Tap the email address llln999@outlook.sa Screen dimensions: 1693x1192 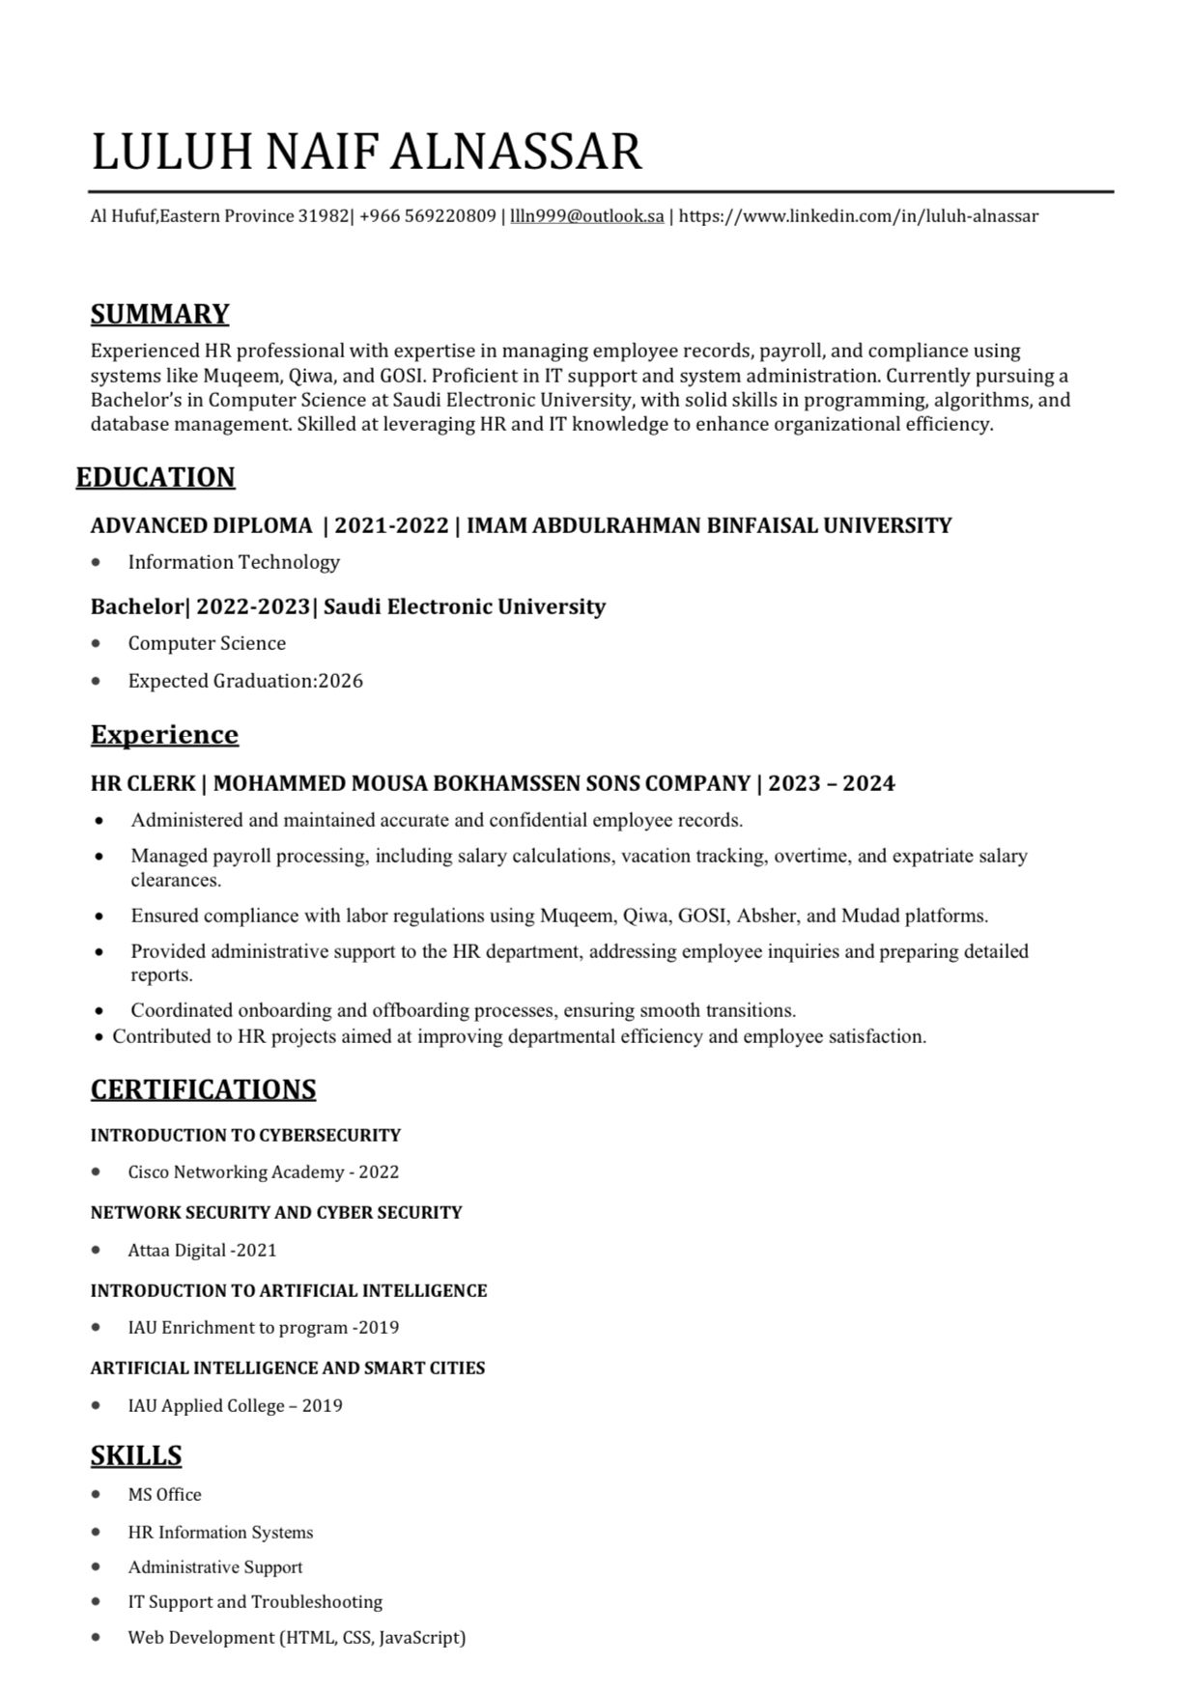(x=586, y=216)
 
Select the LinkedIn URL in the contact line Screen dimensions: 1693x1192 (x=858, y=216)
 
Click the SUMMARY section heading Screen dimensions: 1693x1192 (x=159, y=314)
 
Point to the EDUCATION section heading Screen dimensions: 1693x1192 (x=156, y=478)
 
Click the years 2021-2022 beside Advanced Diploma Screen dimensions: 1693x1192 (x=391, y=525)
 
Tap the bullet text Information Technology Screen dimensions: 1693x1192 (x=234, y=562)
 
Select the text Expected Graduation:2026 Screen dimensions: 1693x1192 (x=245, y=681)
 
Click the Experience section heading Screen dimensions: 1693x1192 (x=164, y=735)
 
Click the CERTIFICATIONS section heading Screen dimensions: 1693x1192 (x=203, y=1089)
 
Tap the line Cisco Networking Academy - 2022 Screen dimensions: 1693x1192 (x=263, y=1172)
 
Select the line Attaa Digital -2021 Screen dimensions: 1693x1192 (x=202, y=1251)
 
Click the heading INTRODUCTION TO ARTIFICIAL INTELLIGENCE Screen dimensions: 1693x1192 (x=289, y=1290)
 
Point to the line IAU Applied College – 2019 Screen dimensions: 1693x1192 (x=235, y=1406)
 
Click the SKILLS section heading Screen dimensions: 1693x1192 (x=136, y=1455)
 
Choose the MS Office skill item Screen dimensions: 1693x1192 (x=164, y=1495)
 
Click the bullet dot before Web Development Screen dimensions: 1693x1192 (x=96, y=1637)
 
